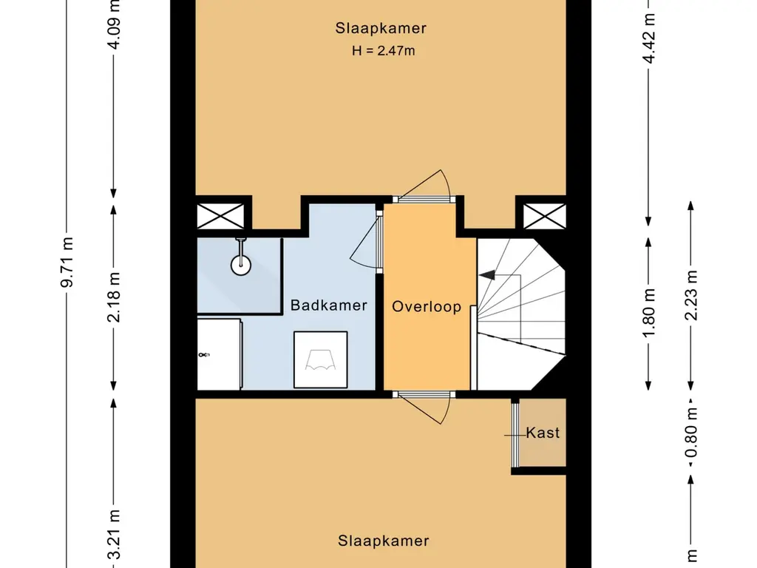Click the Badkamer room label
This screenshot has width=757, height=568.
[329, 305]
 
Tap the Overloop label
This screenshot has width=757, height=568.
[427, 307]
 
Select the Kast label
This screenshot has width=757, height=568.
[543, 433]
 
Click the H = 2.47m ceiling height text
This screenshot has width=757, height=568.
[384, 51]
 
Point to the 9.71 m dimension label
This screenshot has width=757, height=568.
[67, 263]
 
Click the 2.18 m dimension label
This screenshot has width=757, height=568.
[114, 297]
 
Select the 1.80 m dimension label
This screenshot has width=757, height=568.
[649, 314]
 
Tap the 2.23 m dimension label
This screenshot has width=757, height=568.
[691, 295]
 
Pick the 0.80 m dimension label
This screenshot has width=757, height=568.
[691, 433]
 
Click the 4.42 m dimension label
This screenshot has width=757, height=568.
[649, 38]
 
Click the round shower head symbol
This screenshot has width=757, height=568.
[240, 265]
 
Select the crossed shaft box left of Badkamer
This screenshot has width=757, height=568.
[220, 216]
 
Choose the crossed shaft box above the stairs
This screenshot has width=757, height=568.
[545, 216]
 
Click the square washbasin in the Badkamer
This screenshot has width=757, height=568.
[321, 360]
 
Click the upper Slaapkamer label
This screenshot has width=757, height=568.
[381, 28]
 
